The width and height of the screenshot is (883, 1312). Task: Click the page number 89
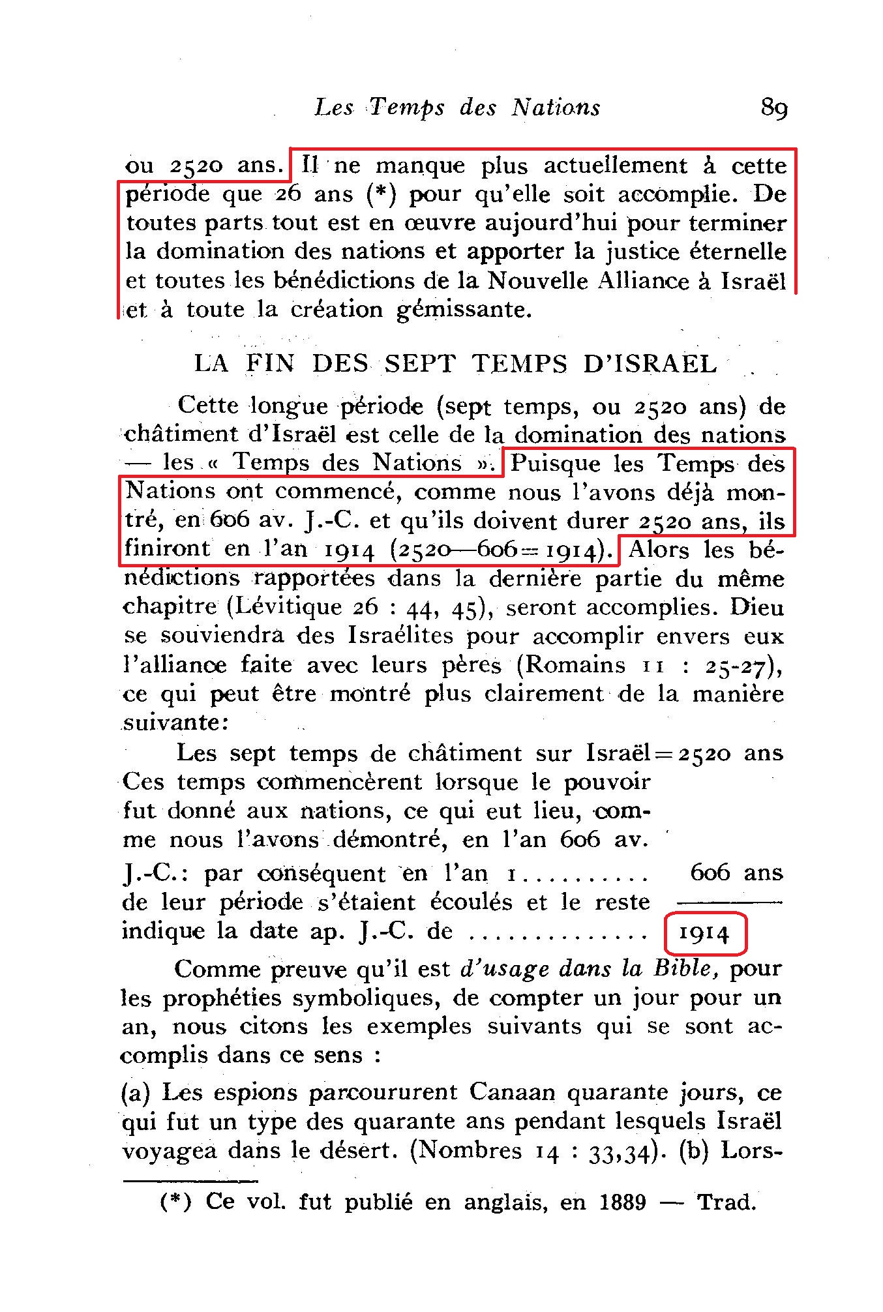774,108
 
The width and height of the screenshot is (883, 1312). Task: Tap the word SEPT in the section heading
419,364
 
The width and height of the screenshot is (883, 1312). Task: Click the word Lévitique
286,608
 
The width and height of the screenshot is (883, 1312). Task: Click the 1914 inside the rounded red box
704,934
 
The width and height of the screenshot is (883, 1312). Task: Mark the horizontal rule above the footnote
190,1180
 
